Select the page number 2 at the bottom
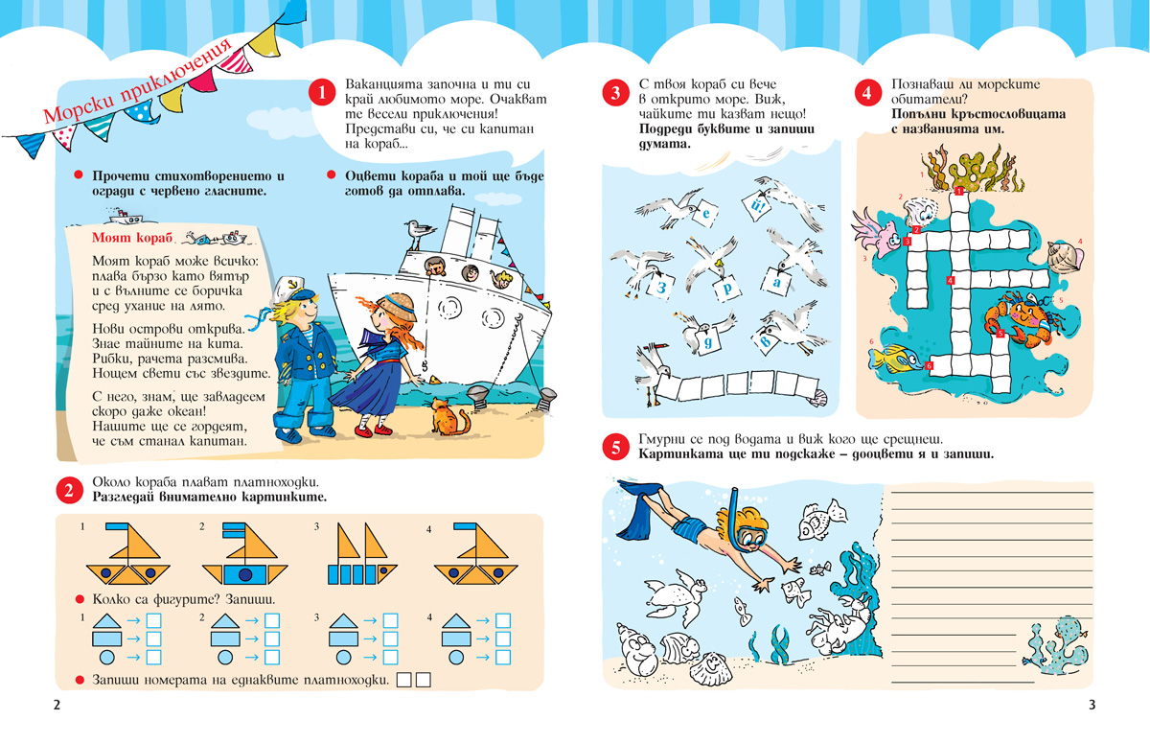point(57,706)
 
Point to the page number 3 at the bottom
point(1092,706)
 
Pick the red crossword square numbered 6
point(930,365)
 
